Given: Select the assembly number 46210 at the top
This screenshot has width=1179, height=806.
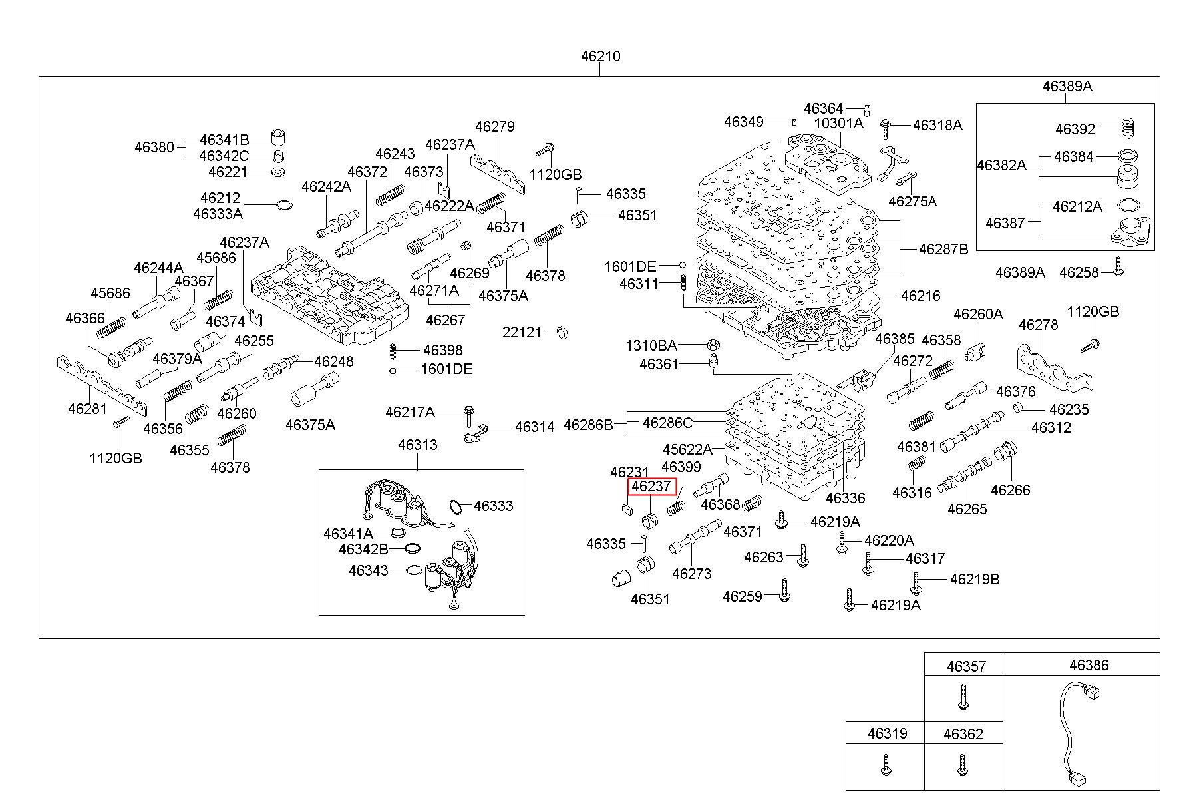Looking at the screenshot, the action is [600, 56].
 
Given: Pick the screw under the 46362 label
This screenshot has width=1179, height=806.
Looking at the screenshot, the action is [961, 765].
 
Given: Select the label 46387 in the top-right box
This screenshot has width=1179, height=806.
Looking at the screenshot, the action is [1005, 223].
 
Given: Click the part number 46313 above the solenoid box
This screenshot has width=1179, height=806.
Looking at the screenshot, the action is [418, 445].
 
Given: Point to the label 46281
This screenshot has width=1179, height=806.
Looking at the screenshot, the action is [87, 408].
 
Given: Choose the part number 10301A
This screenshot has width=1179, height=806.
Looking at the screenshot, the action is [838, 123].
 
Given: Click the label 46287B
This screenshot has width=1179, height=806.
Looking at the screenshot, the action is [943, 249].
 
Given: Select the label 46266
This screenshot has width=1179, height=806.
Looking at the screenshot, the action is [1011, 490].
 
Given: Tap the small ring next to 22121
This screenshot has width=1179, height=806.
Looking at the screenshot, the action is [562, 332].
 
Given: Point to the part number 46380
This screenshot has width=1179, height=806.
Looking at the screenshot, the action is [154, 147].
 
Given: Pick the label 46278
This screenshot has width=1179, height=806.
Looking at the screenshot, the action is [1039, 325].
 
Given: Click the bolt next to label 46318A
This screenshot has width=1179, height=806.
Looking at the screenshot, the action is [886, 125].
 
